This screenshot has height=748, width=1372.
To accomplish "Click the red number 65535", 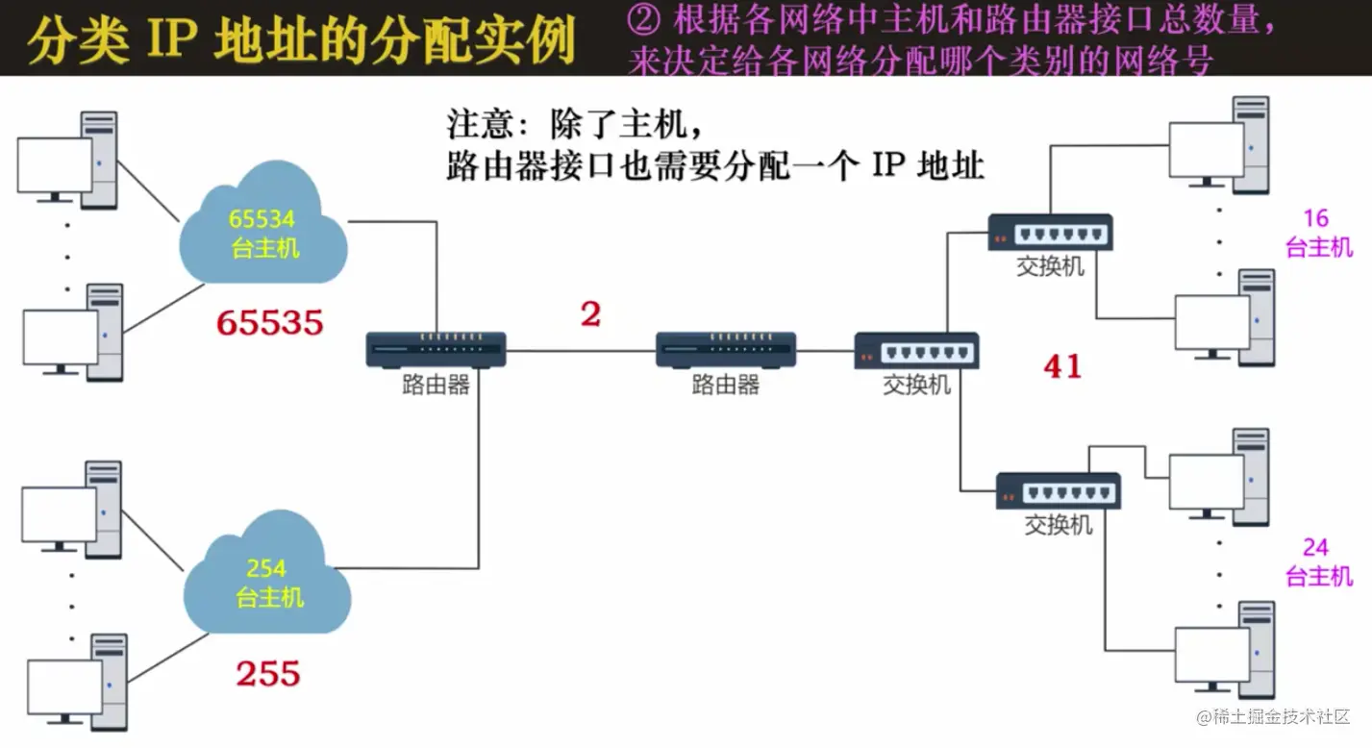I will pos(269,323).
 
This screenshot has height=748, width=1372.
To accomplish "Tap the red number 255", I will pos(268,674).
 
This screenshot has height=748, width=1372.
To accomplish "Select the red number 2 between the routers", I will pos(590,313).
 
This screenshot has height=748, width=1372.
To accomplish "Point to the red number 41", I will pos(1062,366).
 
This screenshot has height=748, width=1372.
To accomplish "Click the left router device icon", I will pos(436,349).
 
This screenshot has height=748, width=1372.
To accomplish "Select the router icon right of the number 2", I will pos(725,349).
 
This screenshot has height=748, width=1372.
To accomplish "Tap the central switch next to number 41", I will pos(916,351).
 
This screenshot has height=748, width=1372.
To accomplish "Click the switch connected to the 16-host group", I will pos(1050,233).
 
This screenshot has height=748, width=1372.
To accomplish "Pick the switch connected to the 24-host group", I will pos(1058,490).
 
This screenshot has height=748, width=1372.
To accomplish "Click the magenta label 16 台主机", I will pos(1318,233).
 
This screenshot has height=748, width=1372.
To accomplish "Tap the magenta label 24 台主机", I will pos(1318,561).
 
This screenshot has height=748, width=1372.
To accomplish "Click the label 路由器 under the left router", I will pos(436,386).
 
